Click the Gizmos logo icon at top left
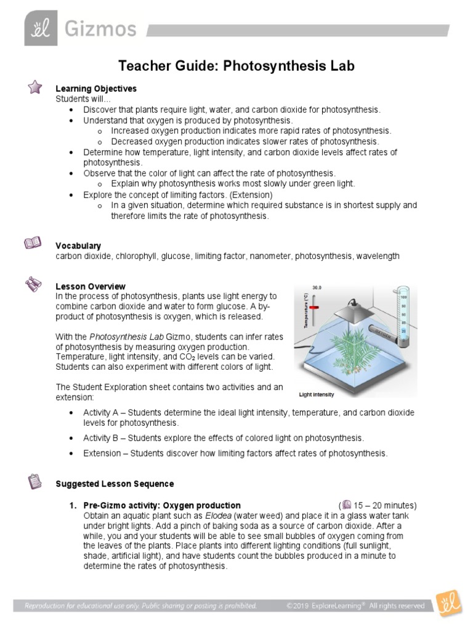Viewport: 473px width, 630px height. [41, 28]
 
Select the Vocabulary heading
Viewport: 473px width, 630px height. [78, 245]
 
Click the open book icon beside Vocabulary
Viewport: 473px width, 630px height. [33, 244]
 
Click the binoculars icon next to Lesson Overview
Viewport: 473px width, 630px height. [33, 284]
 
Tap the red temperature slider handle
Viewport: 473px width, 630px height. [315, 306]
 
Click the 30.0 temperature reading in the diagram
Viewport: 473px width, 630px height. [317, 287]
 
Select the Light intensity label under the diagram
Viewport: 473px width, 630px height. [317, 394]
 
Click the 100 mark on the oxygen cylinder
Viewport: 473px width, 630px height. [404, 297]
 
